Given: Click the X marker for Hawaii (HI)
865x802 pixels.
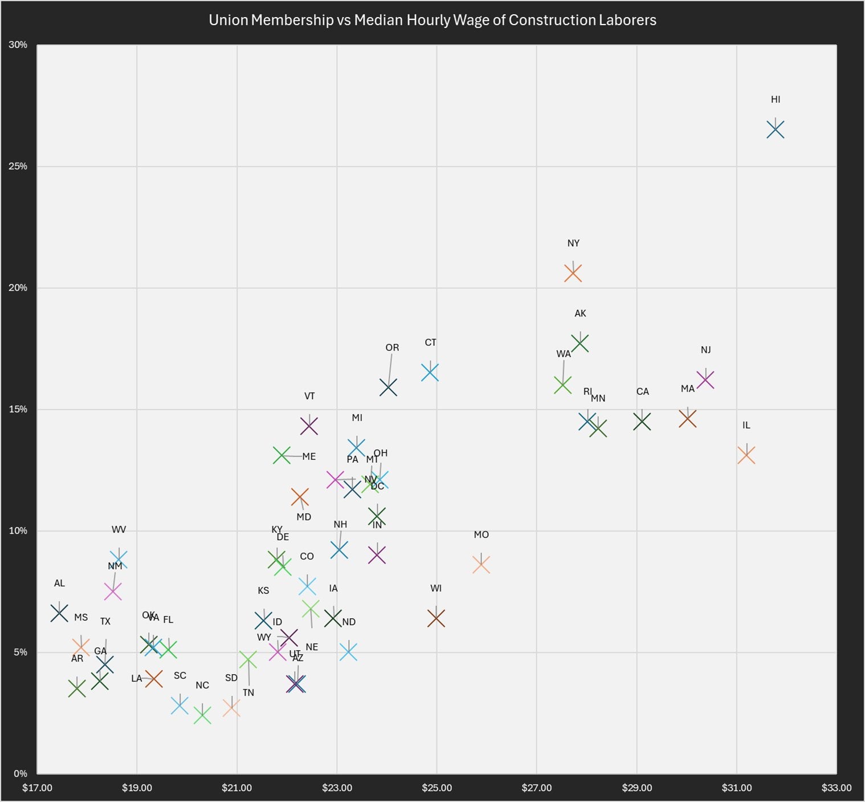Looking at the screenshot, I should click(775, 129).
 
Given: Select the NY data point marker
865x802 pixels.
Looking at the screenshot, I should click(573, 273).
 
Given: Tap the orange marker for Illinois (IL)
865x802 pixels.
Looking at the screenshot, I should click(746, 455).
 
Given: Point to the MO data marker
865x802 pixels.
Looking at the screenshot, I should click(481, 565).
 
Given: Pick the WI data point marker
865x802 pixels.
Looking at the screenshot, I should click(436, 618).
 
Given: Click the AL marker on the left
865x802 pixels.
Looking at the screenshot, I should click(59, 613).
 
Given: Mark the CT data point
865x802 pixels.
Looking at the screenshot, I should click(430, 372).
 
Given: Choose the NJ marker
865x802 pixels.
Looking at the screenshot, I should click(705, 379).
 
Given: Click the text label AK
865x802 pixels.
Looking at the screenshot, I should click(580, 313).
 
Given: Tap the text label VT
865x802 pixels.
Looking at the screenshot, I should click(309, 396).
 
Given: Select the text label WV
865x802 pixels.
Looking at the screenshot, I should click(119, 529).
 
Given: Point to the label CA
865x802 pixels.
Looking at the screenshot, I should click(642, 391).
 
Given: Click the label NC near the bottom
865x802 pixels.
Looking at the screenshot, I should click(202, 685).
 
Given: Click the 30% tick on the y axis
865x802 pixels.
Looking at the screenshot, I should click(18, 44).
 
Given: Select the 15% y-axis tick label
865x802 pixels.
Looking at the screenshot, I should click(18, 409).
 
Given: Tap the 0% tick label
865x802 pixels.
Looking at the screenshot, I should click(20, 773).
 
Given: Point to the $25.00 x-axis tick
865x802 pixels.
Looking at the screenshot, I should click(436, 788).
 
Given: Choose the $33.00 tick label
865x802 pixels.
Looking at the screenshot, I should click(836, 788).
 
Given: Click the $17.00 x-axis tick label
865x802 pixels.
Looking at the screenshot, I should click(37, 788).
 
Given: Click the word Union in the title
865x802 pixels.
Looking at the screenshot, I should click(228, 20).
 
